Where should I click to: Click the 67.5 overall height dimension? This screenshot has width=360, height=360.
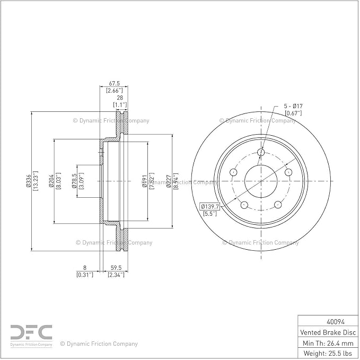click(x=114, y=83)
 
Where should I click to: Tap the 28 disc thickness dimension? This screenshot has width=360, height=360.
click(x=120, y=98)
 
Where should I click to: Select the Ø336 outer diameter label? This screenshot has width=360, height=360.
click(x=29, y=181)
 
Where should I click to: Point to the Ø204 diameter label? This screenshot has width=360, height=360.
click(x=51, y=181)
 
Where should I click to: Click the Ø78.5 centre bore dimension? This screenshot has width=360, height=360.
click(x=74, y=181)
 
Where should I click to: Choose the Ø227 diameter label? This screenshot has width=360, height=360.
click(x=169, y=181)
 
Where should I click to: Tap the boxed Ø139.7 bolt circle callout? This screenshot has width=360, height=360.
click(x=209, y=206)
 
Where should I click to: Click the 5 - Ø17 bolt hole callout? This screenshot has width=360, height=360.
click(x=293, y=106)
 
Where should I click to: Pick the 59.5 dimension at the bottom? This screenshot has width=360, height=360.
click(x=116, y=268)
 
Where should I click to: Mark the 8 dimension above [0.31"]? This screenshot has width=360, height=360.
click(x=85, y=268)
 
